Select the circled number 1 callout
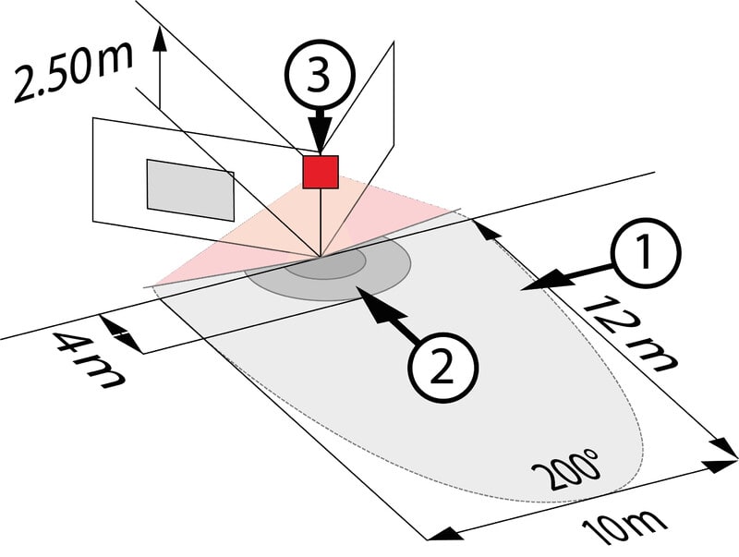tap(645, 253)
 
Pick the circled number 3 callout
tap(318, 78)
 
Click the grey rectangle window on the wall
tap(190, 190)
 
